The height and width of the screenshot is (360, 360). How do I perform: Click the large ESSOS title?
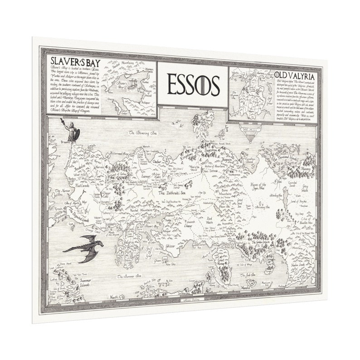tap(193, 84)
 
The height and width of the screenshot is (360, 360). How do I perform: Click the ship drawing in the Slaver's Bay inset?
tap(131, 84)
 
